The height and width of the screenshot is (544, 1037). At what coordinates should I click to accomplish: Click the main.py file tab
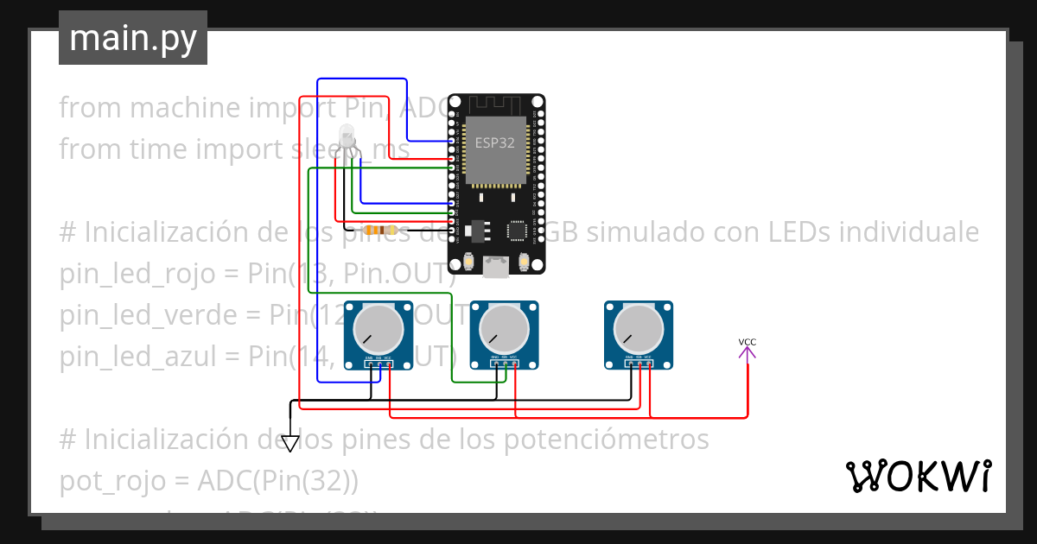tap(132, 39)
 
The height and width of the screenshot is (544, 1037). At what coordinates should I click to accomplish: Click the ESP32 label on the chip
tap(494, 142)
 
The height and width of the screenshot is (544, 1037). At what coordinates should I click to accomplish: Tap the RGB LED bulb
tap(347, 135)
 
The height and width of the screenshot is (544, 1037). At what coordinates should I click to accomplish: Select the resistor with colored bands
tap(380, 231)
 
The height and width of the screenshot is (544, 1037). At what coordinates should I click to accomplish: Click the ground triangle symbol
tap(290, 443)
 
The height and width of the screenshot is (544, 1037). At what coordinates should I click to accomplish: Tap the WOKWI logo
tap(917, 476)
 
